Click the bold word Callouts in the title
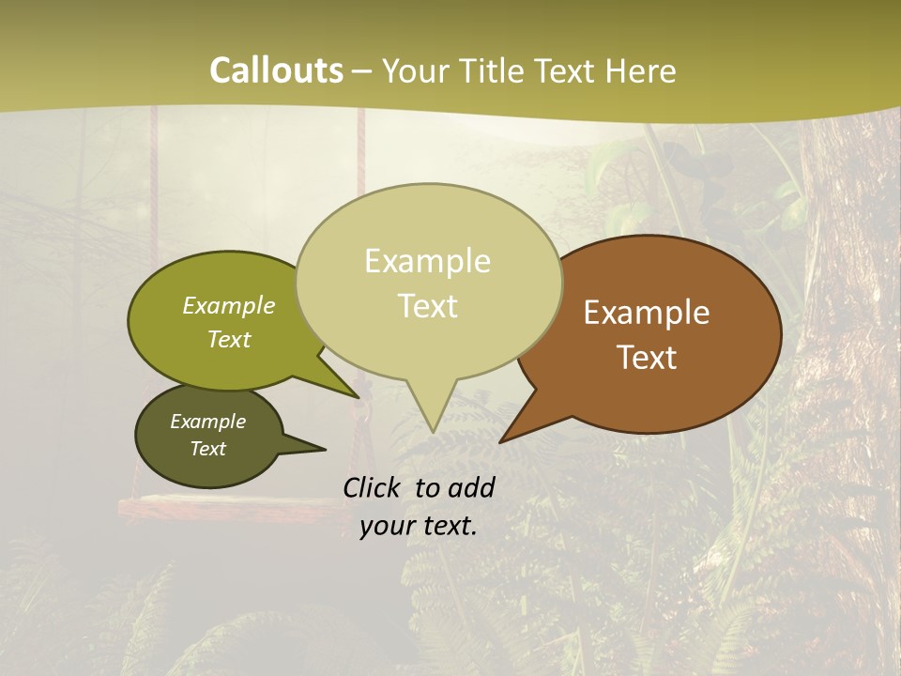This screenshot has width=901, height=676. point(276,70)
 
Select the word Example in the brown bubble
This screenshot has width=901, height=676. point(647,313)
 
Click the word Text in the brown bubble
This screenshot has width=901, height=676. point(647,358)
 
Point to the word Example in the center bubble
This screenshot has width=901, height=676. point(427,261)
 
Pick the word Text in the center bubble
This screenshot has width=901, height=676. point(427,306)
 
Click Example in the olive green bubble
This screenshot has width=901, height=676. point(229,305)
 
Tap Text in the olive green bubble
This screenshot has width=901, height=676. point(229,339)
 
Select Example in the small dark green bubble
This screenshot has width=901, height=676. point(207,422)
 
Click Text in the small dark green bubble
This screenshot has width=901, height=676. point(207,449)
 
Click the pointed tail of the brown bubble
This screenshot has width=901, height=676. point(512,433)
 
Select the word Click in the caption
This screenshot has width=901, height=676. point(373,487)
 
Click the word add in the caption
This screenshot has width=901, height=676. point(471,487)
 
